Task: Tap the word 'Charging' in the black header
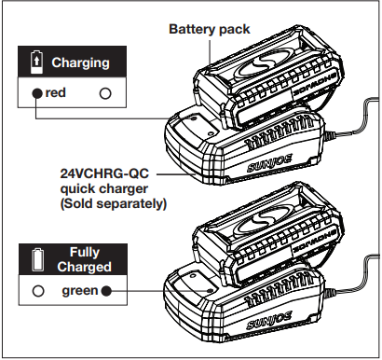[80, 63]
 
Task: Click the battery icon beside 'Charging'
[37, 63]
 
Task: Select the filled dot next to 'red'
[36, 93]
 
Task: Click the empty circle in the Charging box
[104, 93]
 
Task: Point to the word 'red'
[56, 93]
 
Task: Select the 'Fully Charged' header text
[85, 258]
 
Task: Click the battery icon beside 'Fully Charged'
[37, 258]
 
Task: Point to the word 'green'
[80, 290]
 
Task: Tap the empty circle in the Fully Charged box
[37, 290]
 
